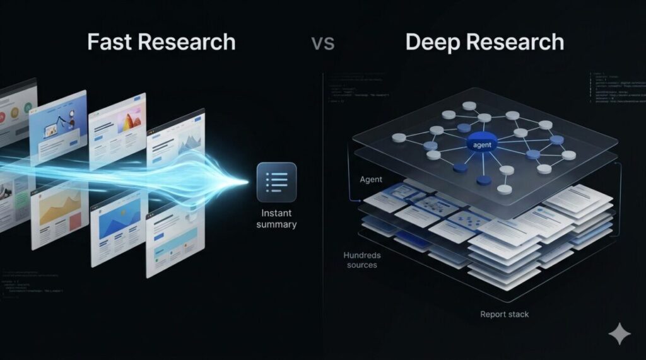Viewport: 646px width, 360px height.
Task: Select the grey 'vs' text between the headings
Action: (x=322, y=44)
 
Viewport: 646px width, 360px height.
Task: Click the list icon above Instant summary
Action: (x=276, y=182)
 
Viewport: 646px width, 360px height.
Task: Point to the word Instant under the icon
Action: (x=276, y=213)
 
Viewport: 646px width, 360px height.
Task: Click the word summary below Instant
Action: (x=276, y=224)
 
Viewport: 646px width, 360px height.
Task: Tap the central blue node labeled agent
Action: (x=483, y=144)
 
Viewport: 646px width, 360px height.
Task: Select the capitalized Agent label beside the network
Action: (x=371, y=180)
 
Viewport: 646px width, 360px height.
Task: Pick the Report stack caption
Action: (x=505, y=314)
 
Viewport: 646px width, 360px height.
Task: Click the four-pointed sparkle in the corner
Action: (x=620, y=334)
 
